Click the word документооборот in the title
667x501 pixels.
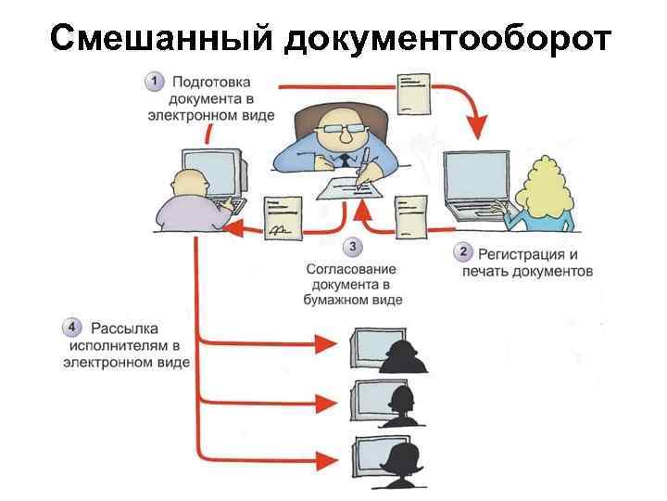[x=449, y=39]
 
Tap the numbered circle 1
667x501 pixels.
[x=155, y=83]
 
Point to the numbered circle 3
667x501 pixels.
[x=352, y=247]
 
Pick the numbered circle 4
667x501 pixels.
[x=71, y=328]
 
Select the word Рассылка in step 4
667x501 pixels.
[x=120, y=328]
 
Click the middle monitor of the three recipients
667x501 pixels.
[x=369, y=401]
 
